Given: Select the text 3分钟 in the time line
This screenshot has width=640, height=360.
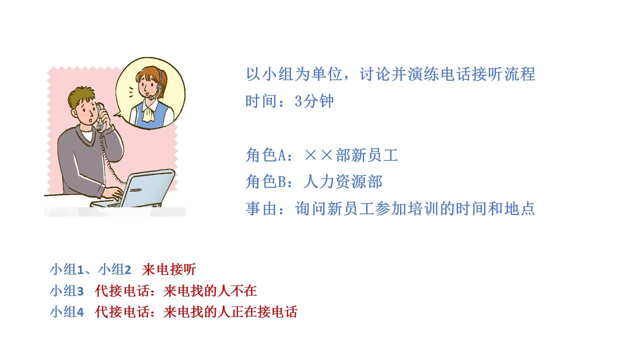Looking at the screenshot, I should [x=314, y=101].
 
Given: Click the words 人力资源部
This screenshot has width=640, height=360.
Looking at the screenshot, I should [x=342, y=181].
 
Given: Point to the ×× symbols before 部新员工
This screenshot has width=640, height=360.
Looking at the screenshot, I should [x=318, y=155].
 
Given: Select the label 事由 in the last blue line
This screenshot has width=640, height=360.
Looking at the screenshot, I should [x=261, y=208].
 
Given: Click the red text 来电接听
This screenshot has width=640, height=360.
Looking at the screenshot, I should [x=169, y=269].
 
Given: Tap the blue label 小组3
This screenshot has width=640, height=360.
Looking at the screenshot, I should [x=66, y=290].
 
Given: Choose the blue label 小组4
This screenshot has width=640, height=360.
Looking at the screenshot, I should [x=66, y=312].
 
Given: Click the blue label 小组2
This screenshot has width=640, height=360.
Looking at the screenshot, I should [x=114, y=269].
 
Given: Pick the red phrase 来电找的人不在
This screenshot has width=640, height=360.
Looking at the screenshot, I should [x=210, y=290].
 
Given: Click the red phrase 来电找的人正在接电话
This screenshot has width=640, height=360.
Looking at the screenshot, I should [x=230, y=312].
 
